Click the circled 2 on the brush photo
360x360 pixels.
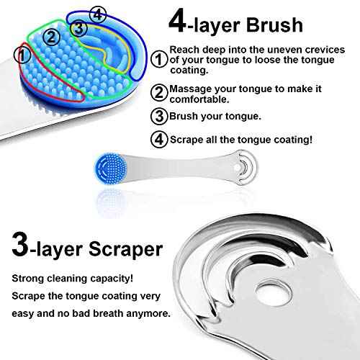(x=50, y=35)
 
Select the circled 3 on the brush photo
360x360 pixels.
(x=78, y=27)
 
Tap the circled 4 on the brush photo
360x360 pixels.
(x=99, y=14)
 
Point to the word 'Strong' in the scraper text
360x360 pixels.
(x=27, y=277)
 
